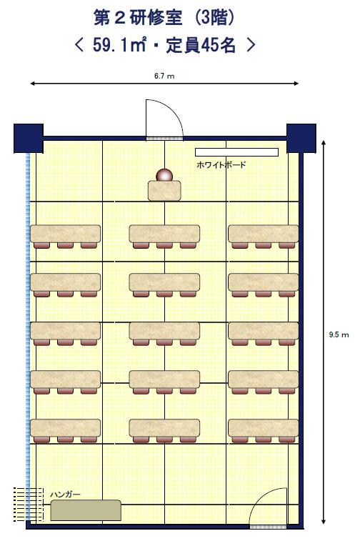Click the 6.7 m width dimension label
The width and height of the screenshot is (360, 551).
click(164, 76)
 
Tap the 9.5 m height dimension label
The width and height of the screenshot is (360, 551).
click(339, 334)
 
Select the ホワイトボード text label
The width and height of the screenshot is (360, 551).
click(221, 164)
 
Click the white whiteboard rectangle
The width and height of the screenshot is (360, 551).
click(236, 152)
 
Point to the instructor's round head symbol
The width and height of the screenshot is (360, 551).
click(164, 175)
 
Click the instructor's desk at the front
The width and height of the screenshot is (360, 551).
click(164, 191)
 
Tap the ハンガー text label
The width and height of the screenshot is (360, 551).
click(65, 495)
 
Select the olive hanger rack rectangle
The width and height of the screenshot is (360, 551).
click(86, 510)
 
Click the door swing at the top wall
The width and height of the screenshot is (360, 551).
click(164, 119)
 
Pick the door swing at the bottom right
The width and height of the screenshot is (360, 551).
click(269, 508)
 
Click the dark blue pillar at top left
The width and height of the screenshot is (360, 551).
click(29, 138)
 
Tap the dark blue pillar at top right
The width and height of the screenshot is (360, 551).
click(301, 138)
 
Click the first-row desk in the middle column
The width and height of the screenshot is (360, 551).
click(164, 234)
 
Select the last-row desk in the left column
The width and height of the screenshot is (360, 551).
click(65, 428)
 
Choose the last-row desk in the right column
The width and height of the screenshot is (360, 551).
click(264, 428)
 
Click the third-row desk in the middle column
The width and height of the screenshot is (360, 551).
click(164, 331)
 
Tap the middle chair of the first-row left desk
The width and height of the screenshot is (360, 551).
click(65, 245)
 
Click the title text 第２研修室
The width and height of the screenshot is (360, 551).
click(138, 18)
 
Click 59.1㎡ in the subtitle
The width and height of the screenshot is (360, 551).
click(119, 45)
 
